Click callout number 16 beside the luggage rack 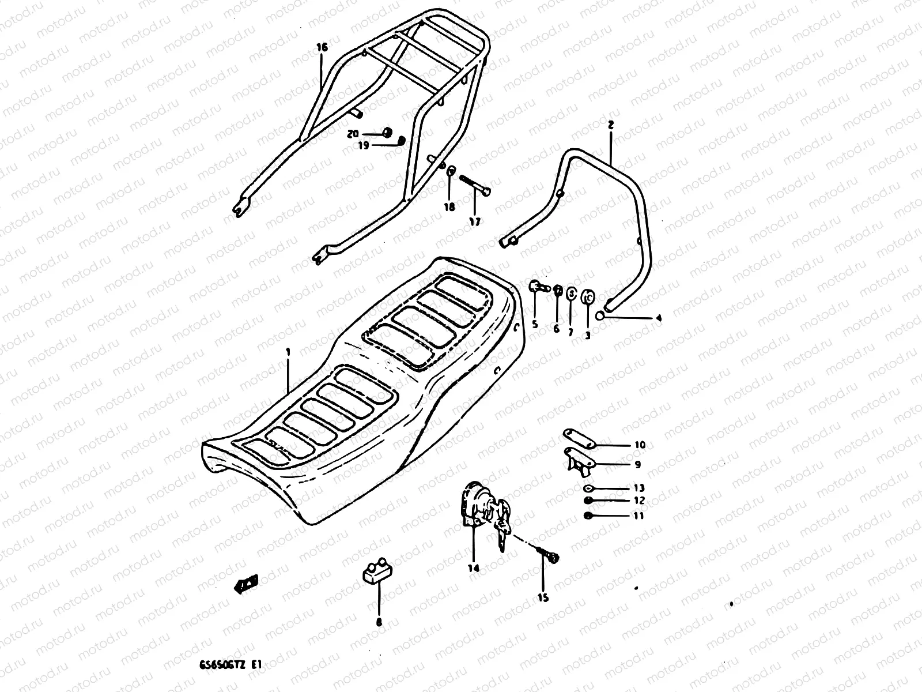322,47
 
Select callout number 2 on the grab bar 611,124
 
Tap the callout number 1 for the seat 288,351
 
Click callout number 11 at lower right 638,516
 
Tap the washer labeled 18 452,170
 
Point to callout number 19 363,146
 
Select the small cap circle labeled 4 600,315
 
